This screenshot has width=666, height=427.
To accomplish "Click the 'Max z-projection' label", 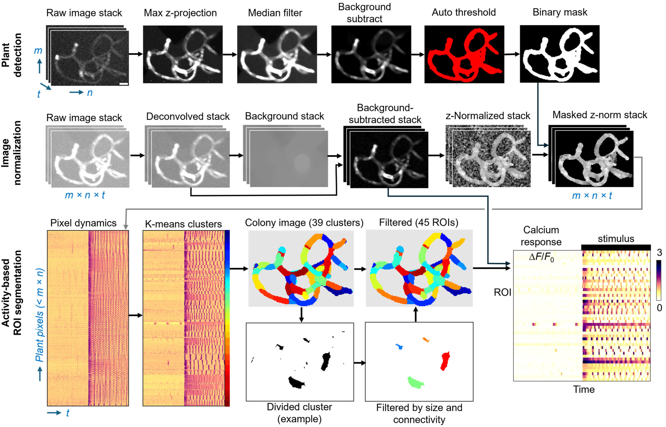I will (180, 13).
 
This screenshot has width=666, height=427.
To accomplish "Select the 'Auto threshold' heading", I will (464, 12).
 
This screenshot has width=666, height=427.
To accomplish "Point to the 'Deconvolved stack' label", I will (188, 117).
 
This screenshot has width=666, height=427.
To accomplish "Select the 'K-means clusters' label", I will (183, 224).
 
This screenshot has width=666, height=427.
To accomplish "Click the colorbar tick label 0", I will (659, 308).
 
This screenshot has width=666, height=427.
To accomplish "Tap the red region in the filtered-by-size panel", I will (445, 361).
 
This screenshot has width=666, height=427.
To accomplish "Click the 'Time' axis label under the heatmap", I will (584, 390).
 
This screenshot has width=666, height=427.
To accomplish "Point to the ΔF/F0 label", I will (541, 258).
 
